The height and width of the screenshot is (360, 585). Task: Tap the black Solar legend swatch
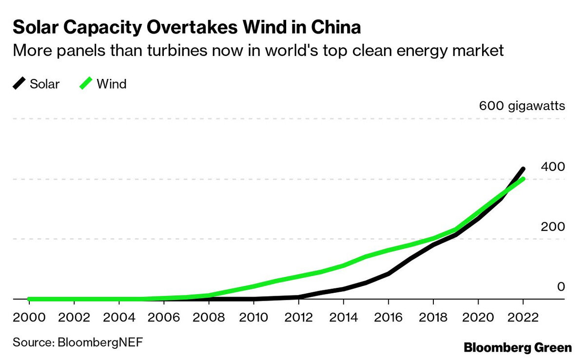[x=19, y=84]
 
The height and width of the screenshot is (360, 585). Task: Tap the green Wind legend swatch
[x=86, y=84]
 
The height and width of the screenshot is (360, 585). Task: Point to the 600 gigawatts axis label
[x=522, y=106]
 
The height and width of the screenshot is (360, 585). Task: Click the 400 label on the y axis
[x=553, y=167]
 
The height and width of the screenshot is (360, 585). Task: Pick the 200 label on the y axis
[x=553, y=227]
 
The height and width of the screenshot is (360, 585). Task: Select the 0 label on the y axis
[x=561, y=286]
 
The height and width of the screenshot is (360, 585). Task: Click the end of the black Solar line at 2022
[x=523, y=169]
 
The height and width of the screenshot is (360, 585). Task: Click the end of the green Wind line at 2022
[x=523, y=179]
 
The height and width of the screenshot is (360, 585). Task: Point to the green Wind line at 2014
[x=344, y=265]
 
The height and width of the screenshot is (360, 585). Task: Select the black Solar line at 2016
[x=389, y=273]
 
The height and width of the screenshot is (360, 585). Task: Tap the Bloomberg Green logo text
[x=518, y=347]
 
